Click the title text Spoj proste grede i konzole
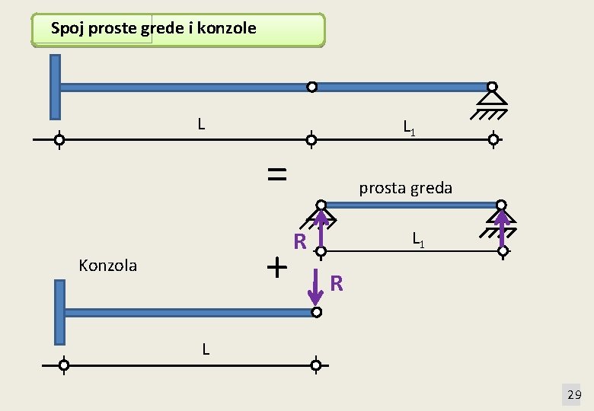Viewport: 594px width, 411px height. click(x=153, y=29)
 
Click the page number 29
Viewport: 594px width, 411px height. click(x=574, y=394)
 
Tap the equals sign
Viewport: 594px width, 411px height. click(x=277, y=174)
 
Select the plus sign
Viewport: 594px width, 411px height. click(x=277, y=267)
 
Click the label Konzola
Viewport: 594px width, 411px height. click(x=108, y=266)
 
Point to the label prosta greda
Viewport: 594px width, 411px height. click(x=405, y=188)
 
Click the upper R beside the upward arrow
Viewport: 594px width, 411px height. click(x=300, y=243)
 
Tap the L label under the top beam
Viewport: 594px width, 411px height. click(x=200, y=123)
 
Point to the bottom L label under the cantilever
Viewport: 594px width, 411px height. click(x=206, y=349)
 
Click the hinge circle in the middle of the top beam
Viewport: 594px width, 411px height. click(x=311, y=87)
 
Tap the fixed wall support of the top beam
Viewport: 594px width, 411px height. click(x=55, y=88)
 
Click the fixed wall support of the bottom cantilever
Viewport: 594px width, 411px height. click(x=59, y=312)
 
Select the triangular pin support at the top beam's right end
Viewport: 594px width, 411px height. click(x=493, y=98)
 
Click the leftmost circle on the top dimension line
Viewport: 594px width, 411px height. click(x=59, y=140)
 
